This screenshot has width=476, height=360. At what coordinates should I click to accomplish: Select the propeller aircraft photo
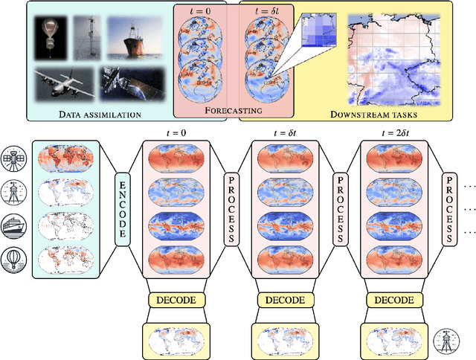tap(63, 84)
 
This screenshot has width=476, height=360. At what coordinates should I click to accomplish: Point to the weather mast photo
tap(91, 39)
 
